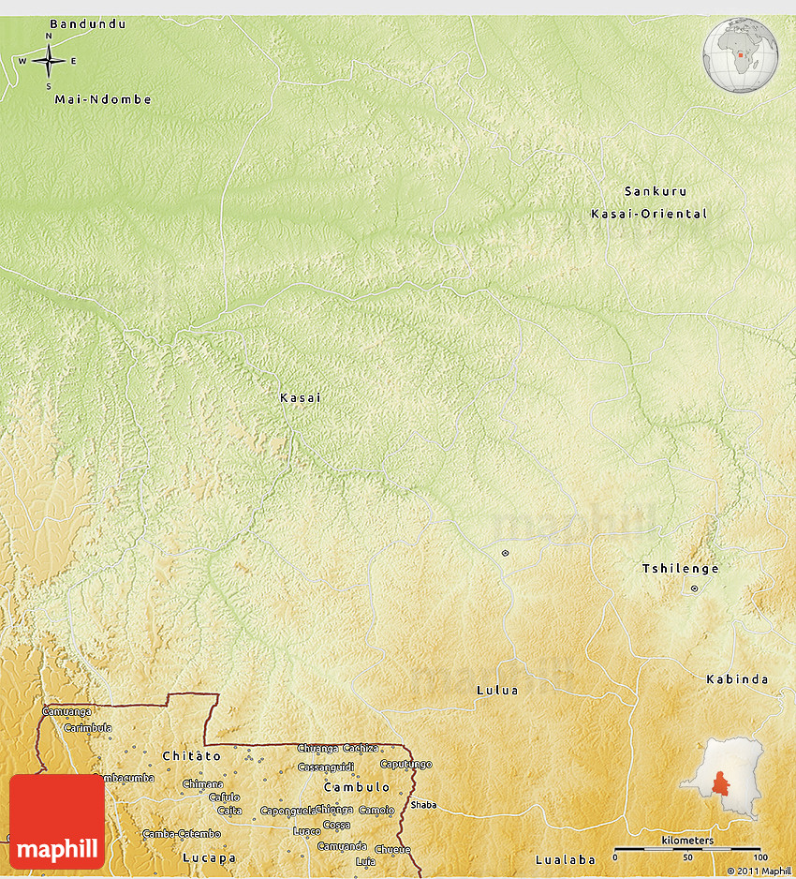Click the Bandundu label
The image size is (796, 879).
pos(87,23)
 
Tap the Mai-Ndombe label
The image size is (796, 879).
pos(103,99)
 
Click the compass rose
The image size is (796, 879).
pos(49,62)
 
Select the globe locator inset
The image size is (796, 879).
pos(741,54)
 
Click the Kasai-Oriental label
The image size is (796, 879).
pos(649,214)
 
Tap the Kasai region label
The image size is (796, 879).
pos(300,398)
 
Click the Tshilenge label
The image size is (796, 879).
pos(680,569)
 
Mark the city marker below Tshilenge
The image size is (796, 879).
pos(694,588)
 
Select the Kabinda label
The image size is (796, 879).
pos(737,679)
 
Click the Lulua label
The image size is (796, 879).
pos(497,691)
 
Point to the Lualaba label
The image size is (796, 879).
pos(566,859)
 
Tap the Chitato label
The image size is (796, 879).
pos(191,755)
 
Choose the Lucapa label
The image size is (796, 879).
pos(209,857)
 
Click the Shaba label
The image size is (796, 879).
pos(423,804)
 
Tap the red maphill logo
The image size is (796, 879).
pos(57,821)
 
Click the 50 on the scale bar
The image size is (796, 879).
pos(687,857)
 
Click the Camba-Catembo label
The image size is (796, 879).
pos(182,833)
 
